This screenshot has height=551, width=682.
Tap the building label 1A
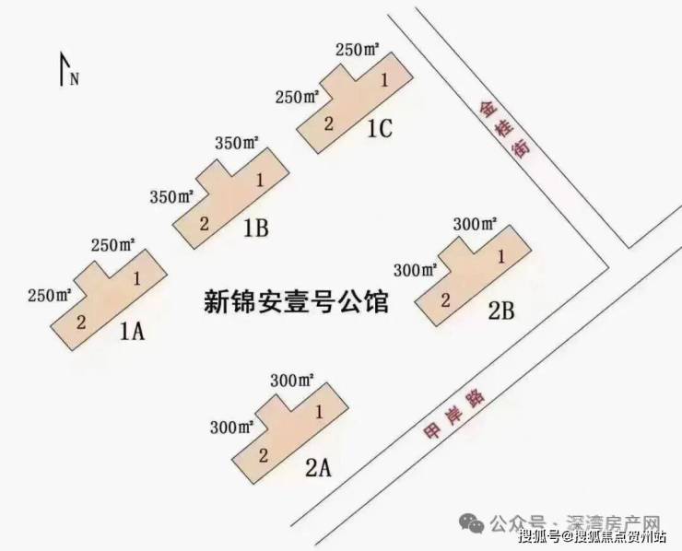[133, 331]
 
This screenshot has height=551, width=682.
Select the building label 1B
[255, 229]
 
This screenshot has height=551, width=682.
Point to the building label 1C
[379, 129]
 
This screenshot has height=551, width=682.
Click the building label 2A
[317, 467]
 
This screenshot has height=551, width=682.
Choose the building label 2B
[500, 311]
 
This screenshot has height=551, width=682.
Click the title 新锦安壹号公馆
[296, 301]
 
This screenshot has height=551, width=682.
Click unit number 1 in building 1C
[383, 81]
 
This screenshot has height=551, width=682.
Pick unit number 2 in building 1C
[327, 123]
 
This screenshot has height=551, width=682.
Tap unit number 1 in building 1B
[260, 180]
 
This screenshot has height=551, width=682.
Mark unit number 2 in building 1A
[81, 322]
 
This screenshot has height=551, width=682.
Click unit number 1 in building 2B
[501, 257]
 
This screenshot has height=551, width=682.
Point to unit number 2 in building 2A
[263, 454]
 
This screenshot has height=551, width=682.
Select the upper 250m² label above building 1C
[359, 50]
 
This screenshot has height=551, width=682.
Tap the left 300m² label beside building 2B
[415, 270]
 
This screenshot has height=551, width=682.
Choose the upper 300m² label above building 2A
[292, 380]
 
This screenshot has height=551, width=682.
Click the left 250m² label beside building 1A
[50, 296]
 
